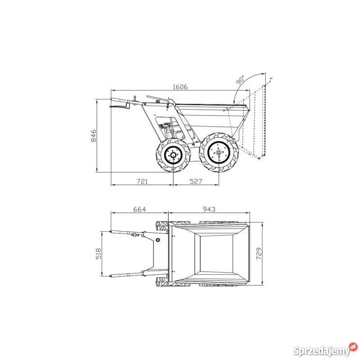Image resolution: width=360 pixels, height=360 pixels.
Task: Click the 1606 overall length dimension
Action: click(180, 87)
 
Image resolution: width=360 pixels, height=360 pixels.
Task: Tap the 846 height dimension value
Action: click(94, 135)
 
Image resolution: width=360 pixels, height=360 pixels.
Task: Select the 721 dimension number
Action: click(142, 181)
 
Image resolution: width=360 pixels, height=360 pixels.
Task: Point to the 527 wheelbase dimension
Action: click(196, 181)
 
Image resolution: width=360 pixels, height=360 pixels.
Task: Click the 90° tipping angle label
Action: click(240, 80)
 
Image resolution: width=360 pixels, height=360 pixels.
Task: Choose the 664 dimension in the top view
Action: click(139, 209)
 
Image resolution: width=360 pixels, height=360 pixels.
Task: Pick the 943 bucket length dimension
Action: click(209, 209)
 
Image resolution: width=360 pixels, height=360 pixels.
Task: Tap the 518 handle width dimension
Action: click(98, 253)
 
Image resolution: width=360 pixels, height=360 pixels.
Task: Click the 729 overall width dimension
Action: click(259, 253)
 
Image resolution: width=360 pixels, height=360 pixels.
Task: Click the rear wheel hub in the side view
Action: click(173, 155)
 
